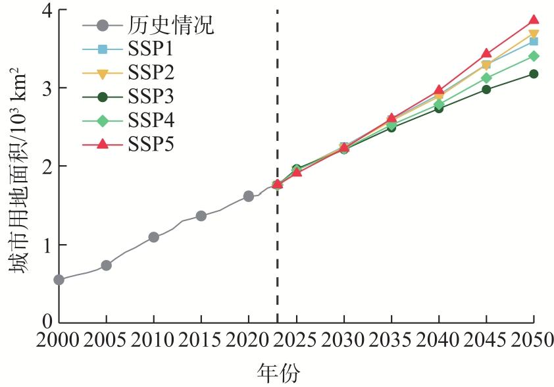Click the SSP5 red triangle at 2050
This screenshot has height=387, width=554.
[x=533, y=20]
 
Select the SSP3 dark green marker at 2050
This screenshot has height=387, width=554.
[x=533, y=74]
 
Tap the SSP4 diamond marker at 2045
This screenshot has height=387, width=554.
[x=486, y=78]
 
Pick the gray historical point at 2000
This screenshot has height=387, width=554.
[x=59, y=280]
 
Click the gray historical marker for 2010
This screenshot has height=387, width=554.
[x=153, y=237]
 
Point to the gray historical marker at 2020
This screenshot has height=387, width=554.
[x=248, y=196]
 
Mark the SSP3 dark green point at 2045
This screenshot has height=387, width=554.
[x=486, y=89]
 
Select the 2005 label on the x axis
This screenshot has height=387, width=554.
[x=106, y=340]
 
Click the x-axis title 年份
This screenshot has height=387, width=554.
[x=277, y=373]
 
